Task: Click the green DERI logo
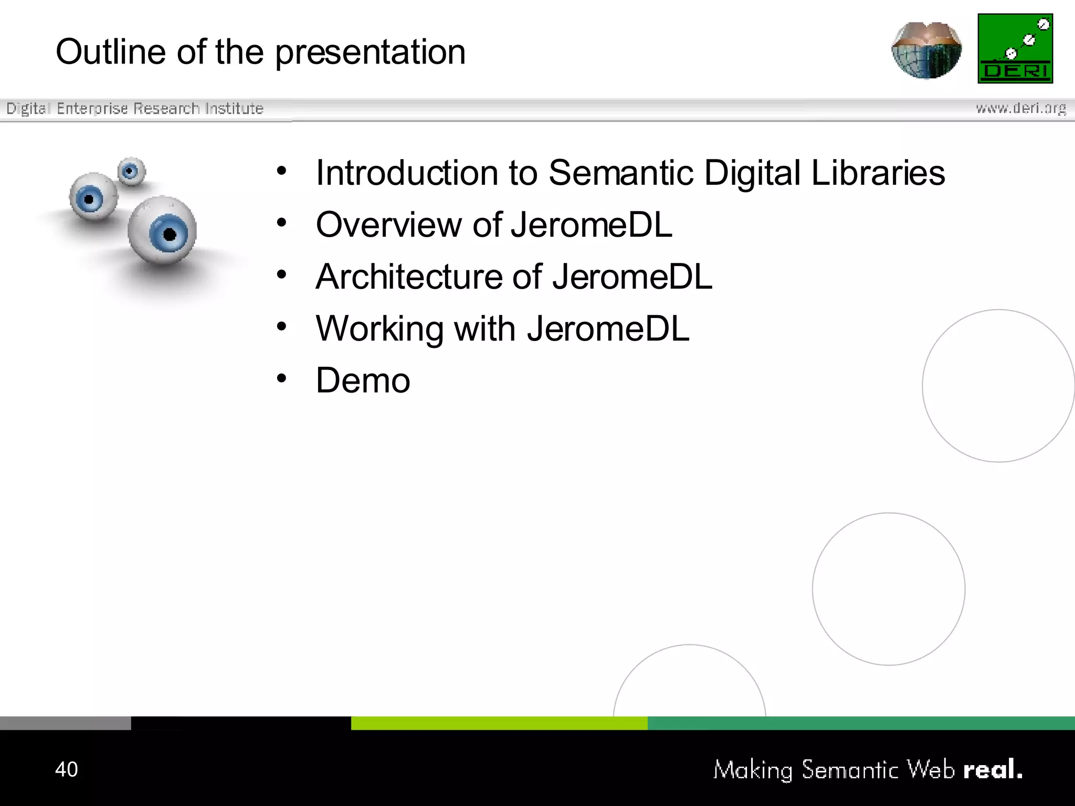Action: click(x=1015, y=48)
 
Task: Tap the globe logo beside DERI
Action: click(x=926, y=50)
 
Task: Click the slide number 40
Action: click(x=67, y=769)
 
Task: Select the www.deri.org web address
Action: click(x=1021, y=108)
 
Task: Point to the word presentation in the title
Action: click(x=370, y=53)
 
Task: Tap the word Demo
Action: click(x=363, y=380)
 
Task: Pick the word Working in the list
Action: click(x=380, y=329)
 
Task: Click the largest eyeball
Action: click(x=163, y=230)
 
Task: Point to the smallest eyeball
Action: click(x=131, y=171)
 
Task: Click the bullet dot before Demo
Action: click(x=282, y=378)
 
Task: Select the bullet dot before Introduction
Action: click(x=282, y=171)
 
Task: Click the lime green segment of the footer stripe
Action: click(x=499, y=723)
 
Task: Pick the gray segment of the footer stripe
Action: click(x=65, y=723)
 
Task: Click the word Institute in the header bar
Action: click(x=234, y=109)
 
